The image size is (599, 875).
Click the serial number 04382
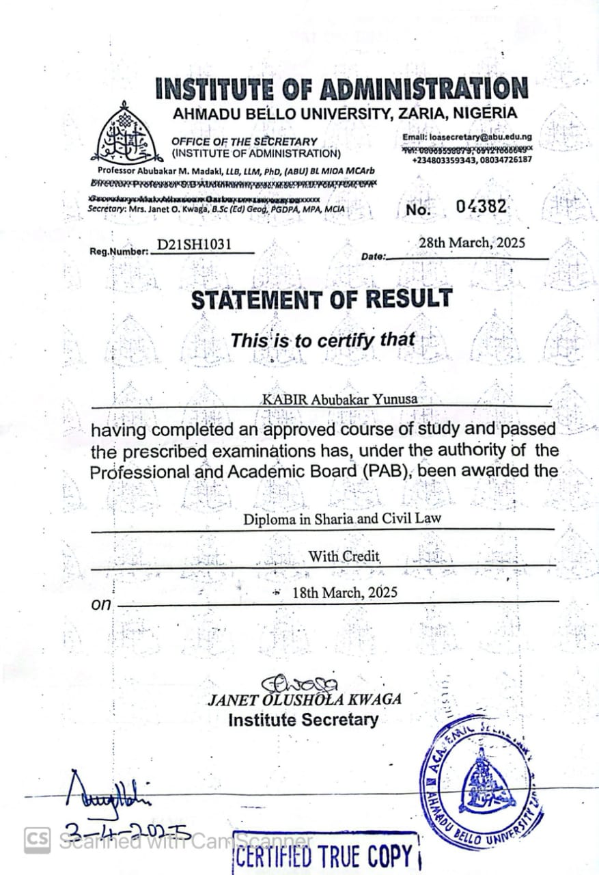click(x=482, y=206)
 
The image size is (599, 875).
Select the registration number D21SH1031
click(x=197, y=245)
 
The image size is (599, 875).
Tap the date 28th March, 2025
click(x=472, y=243)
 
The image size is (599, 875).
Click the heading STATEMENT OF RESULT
click(x=321, y=299)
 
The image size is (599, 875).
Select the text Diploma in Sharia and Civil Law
click(x=342, y=518)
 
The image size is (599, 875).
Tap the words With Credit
click(x=344, y=556)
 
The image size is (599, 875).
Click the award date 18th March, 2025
click(x=344, y=593)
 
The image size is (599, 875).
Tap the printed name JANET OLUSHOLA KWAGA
click(x=305, y=699)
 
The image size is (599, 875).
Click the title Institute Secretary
click(x=303, y=720)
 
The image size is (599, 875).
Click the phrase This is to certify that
click(x=322, y=340)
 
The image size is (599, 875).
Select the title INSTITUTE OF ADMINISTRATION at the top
click(x=342, y=90)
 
